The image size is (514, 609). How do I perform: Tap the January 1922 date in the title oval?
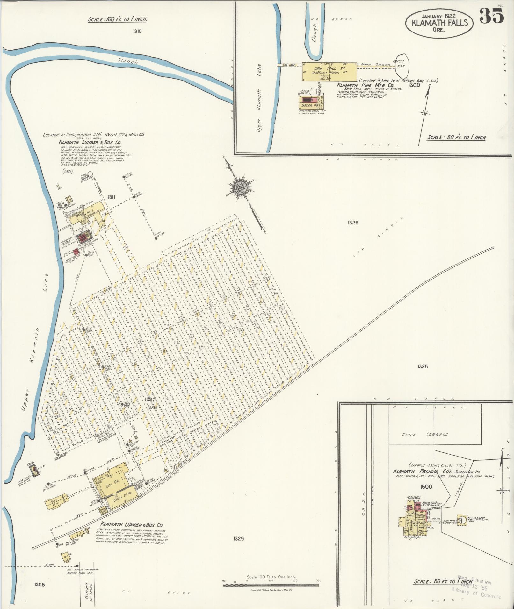439,16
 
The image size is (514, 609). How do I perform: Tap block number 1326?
353,223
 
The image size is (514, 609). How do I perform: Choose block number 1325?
422,366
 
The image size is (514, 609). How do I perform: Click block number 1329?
238,539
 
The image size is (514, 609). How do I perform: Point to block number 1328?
40,584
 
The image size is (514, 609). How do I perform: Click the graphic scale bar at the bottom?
271,585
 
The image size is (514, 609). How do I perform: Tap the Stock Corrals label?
425,435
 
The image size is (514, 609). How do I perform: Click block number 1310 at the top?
138,31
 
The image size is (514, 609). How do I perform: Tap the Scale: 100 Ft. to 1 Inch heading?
117,19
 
